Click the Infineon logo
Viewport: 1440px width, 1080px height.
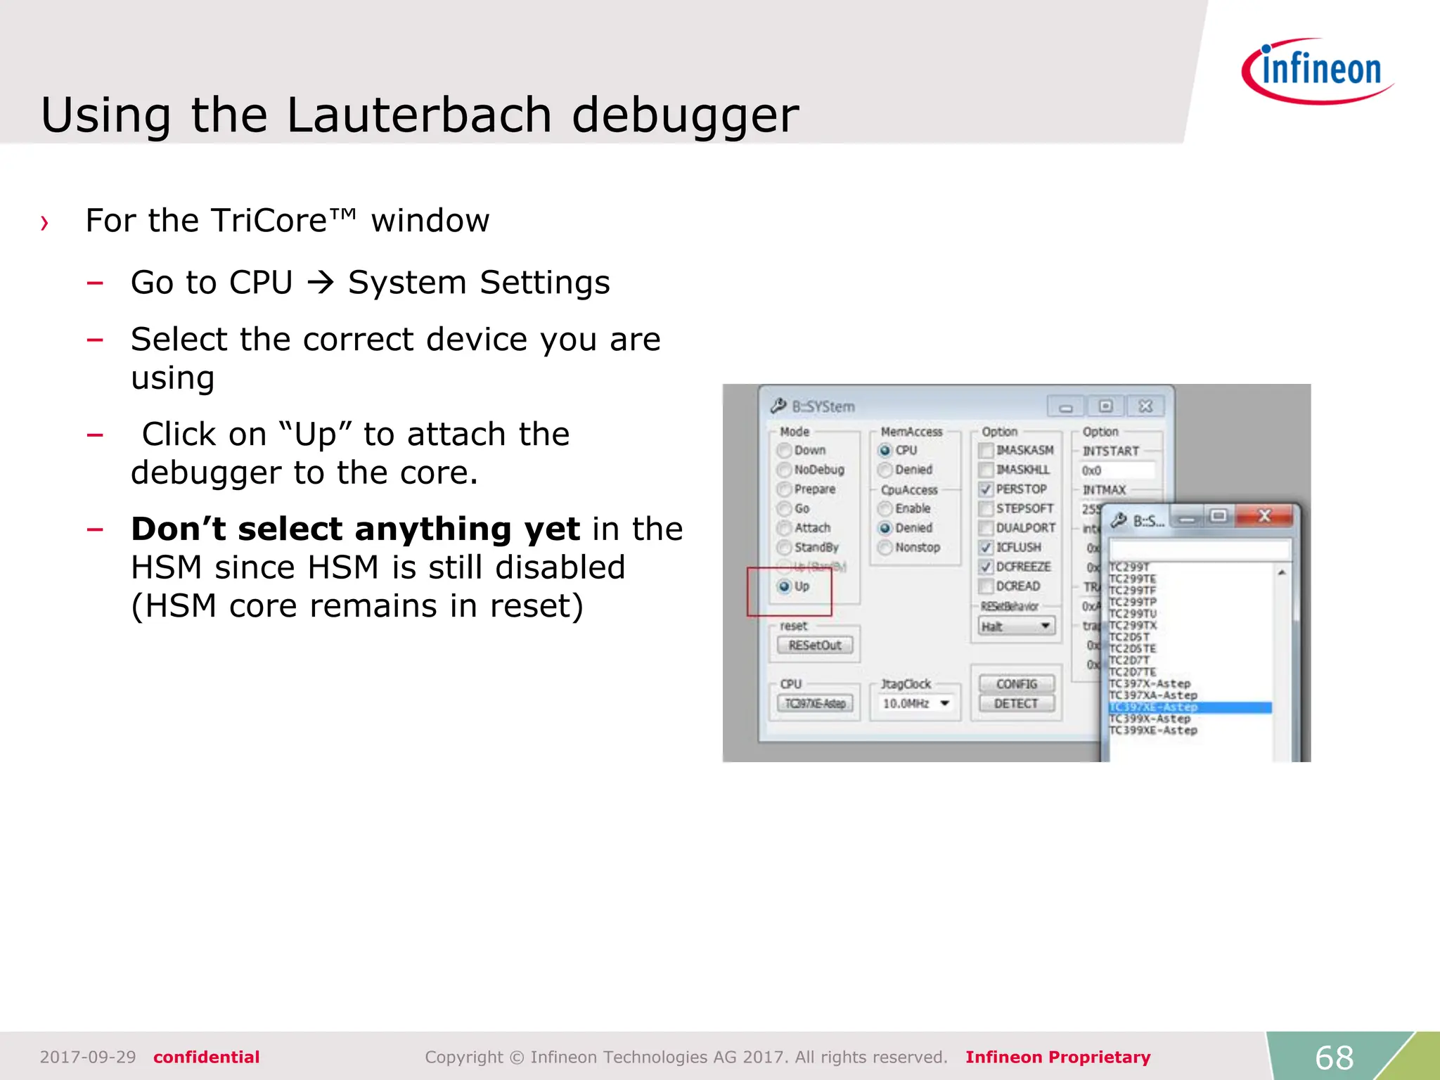[x=1318, y=71]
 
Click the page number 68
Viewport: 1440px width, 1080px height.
[x=1334, y=1057]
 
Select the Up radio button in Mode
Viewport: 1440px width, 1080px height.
[x=785, y=586]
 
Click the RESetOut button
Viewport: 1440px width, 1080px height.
[x=815, y=645]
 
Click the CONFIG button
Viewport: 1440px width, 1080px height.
[x=1016, y=683]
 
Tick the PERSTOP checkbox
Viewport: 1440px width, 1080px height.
[x=986, y=489]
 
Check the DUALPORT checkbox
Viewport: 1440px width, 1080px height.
[x=986, y=528]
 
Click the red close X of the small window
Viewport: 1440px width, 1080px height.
[x=1264, y=517]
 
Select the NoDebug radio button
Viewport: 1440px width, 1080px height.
[x=785, y=470]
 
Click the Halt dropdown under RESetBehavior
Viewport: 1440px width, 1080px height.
[x=1017, y=626]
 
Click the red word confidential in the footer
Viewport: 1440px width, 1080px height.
[x=206, y=1057]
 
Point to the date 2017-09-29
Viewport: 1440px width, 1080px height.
[x=88, y=1057]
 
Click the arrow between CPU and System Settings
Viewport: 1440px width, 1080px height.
[x=321, y=283]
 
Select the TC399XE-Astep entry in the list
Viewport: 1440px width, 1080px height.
[x=1153, y=731]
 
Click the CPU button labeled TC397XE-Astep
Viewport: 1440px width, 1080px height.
[x=815, y=703]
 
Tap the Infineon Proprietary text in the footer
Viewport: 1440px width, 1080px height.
[x=1057, y=1057]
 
